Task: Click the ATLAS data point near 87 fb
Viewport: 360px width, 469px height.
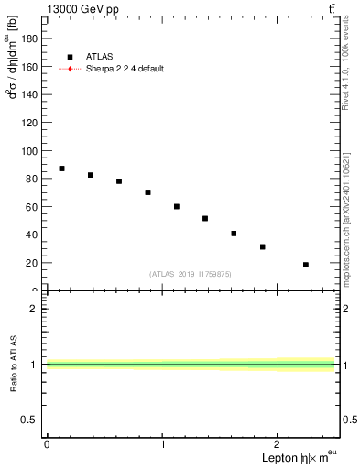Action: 61,169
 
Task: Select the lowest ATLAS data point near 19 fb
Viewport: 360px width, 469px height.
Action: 306,265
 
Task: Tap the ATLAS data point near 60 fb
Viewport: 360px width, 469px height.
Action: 177,207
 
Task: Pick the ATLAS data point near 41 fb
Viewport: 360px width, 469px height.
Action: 235,234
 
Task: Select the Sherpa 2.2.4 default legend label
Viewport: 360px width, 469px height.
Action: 125,69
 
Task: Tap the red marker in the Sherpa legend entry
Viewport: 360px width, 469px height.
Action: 70,69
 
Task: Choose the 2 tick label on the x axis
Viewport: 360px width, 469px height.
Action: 278,444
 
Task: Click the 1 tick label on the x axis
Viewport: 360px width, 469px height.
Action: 163,444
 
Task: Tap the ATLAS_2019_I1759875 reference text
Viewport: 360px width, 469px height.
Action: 191,274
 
